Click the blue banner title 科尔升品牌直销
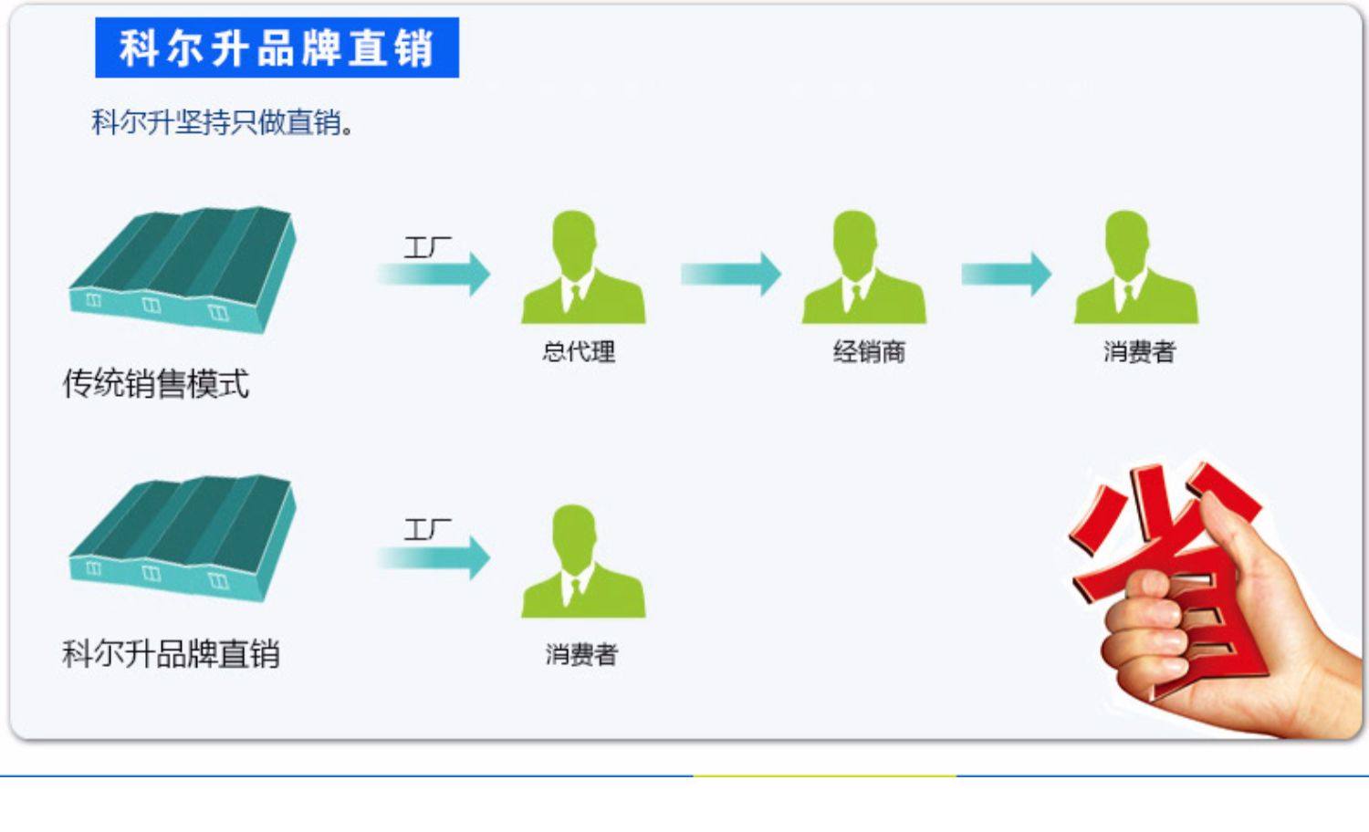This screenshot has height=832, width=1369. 277,47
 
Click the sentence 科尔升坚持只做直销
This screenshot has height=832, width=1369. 222,121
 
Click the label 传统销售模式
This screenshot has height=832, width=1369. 156,384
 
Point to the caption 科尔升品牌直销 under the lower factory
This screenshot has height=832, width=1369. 171,654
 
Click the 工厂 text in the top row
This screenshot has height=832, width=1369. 427,246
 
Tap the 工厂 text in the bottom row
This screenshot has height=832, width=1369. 427,529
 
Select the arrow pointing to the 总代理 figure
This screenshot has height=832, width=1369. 435,274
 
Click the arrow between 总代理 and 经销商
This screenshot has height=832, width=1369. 731,274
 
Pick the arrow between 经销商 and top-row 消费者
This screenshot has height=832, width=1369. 1007,274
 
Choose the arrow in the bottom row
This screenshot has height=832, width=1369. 435,557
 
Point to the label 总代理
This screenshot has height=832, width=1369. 579,351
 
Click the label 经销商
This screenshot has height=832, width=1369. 869,351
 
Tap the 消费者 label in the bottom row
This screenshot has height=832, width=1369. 581,654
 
